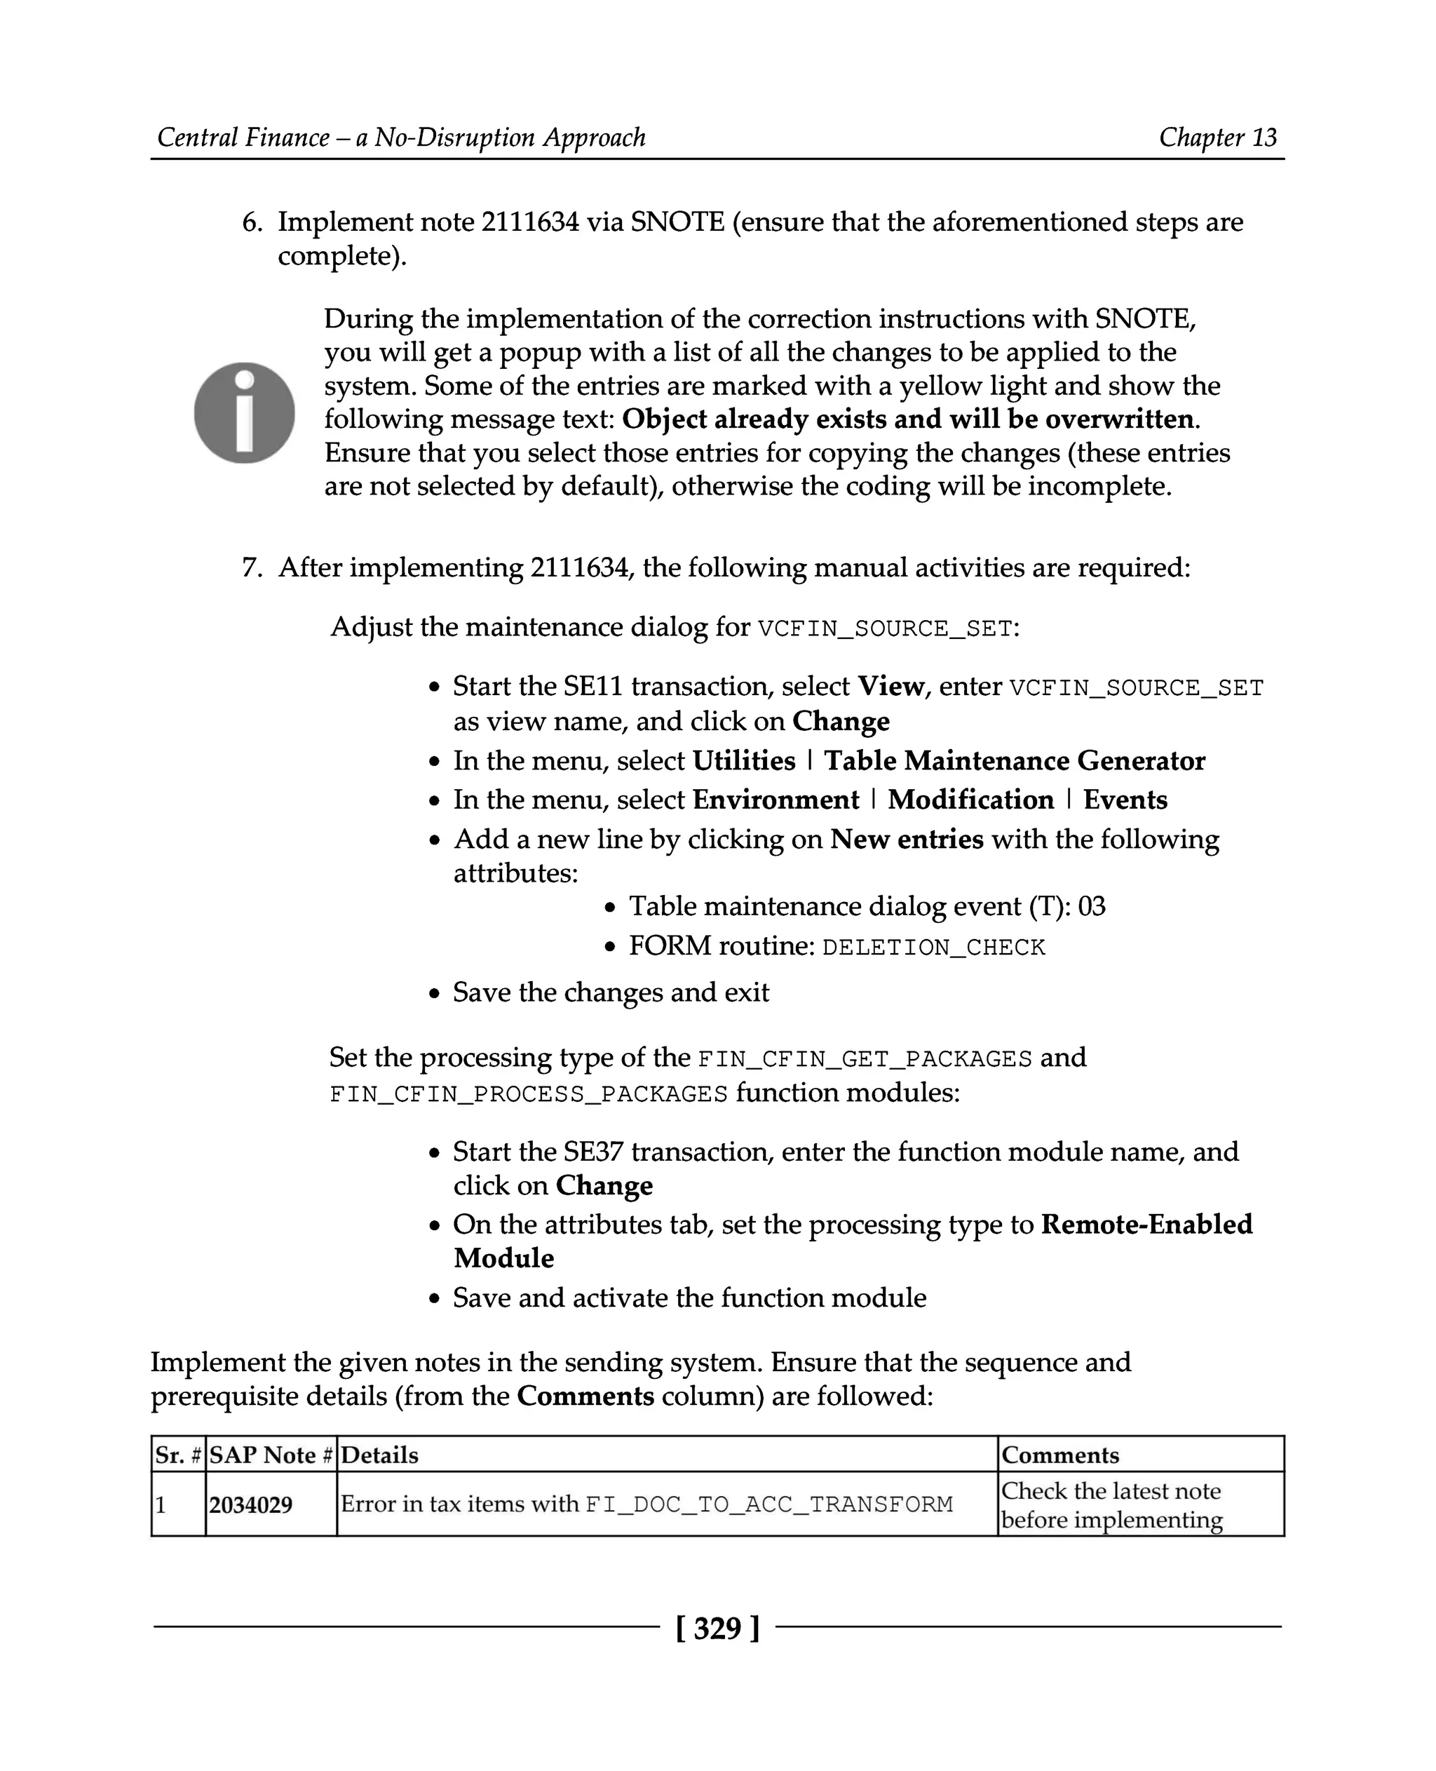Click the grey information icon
click(244, 412)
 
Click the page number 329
click(717, 1628)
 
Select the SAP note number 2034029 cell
click(250, 1504)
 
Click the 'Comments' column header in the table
click(1059, 1455)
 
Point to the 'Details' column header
click(379, 1455)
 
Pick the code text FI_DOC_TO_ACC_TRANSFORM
click(768, 1504)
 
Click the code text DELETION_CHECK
click(933, 948)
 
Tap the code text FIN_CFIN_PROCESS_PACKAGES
click(529, 1094)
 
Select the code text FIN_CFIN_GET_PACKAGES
click(865, 1059)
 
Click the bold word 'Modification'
click(970, 800)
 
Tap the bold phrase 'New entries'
click(907, 839)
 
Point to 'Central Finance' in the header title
click(243, 137)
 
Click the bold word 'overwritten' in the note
click(1119, 419)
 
